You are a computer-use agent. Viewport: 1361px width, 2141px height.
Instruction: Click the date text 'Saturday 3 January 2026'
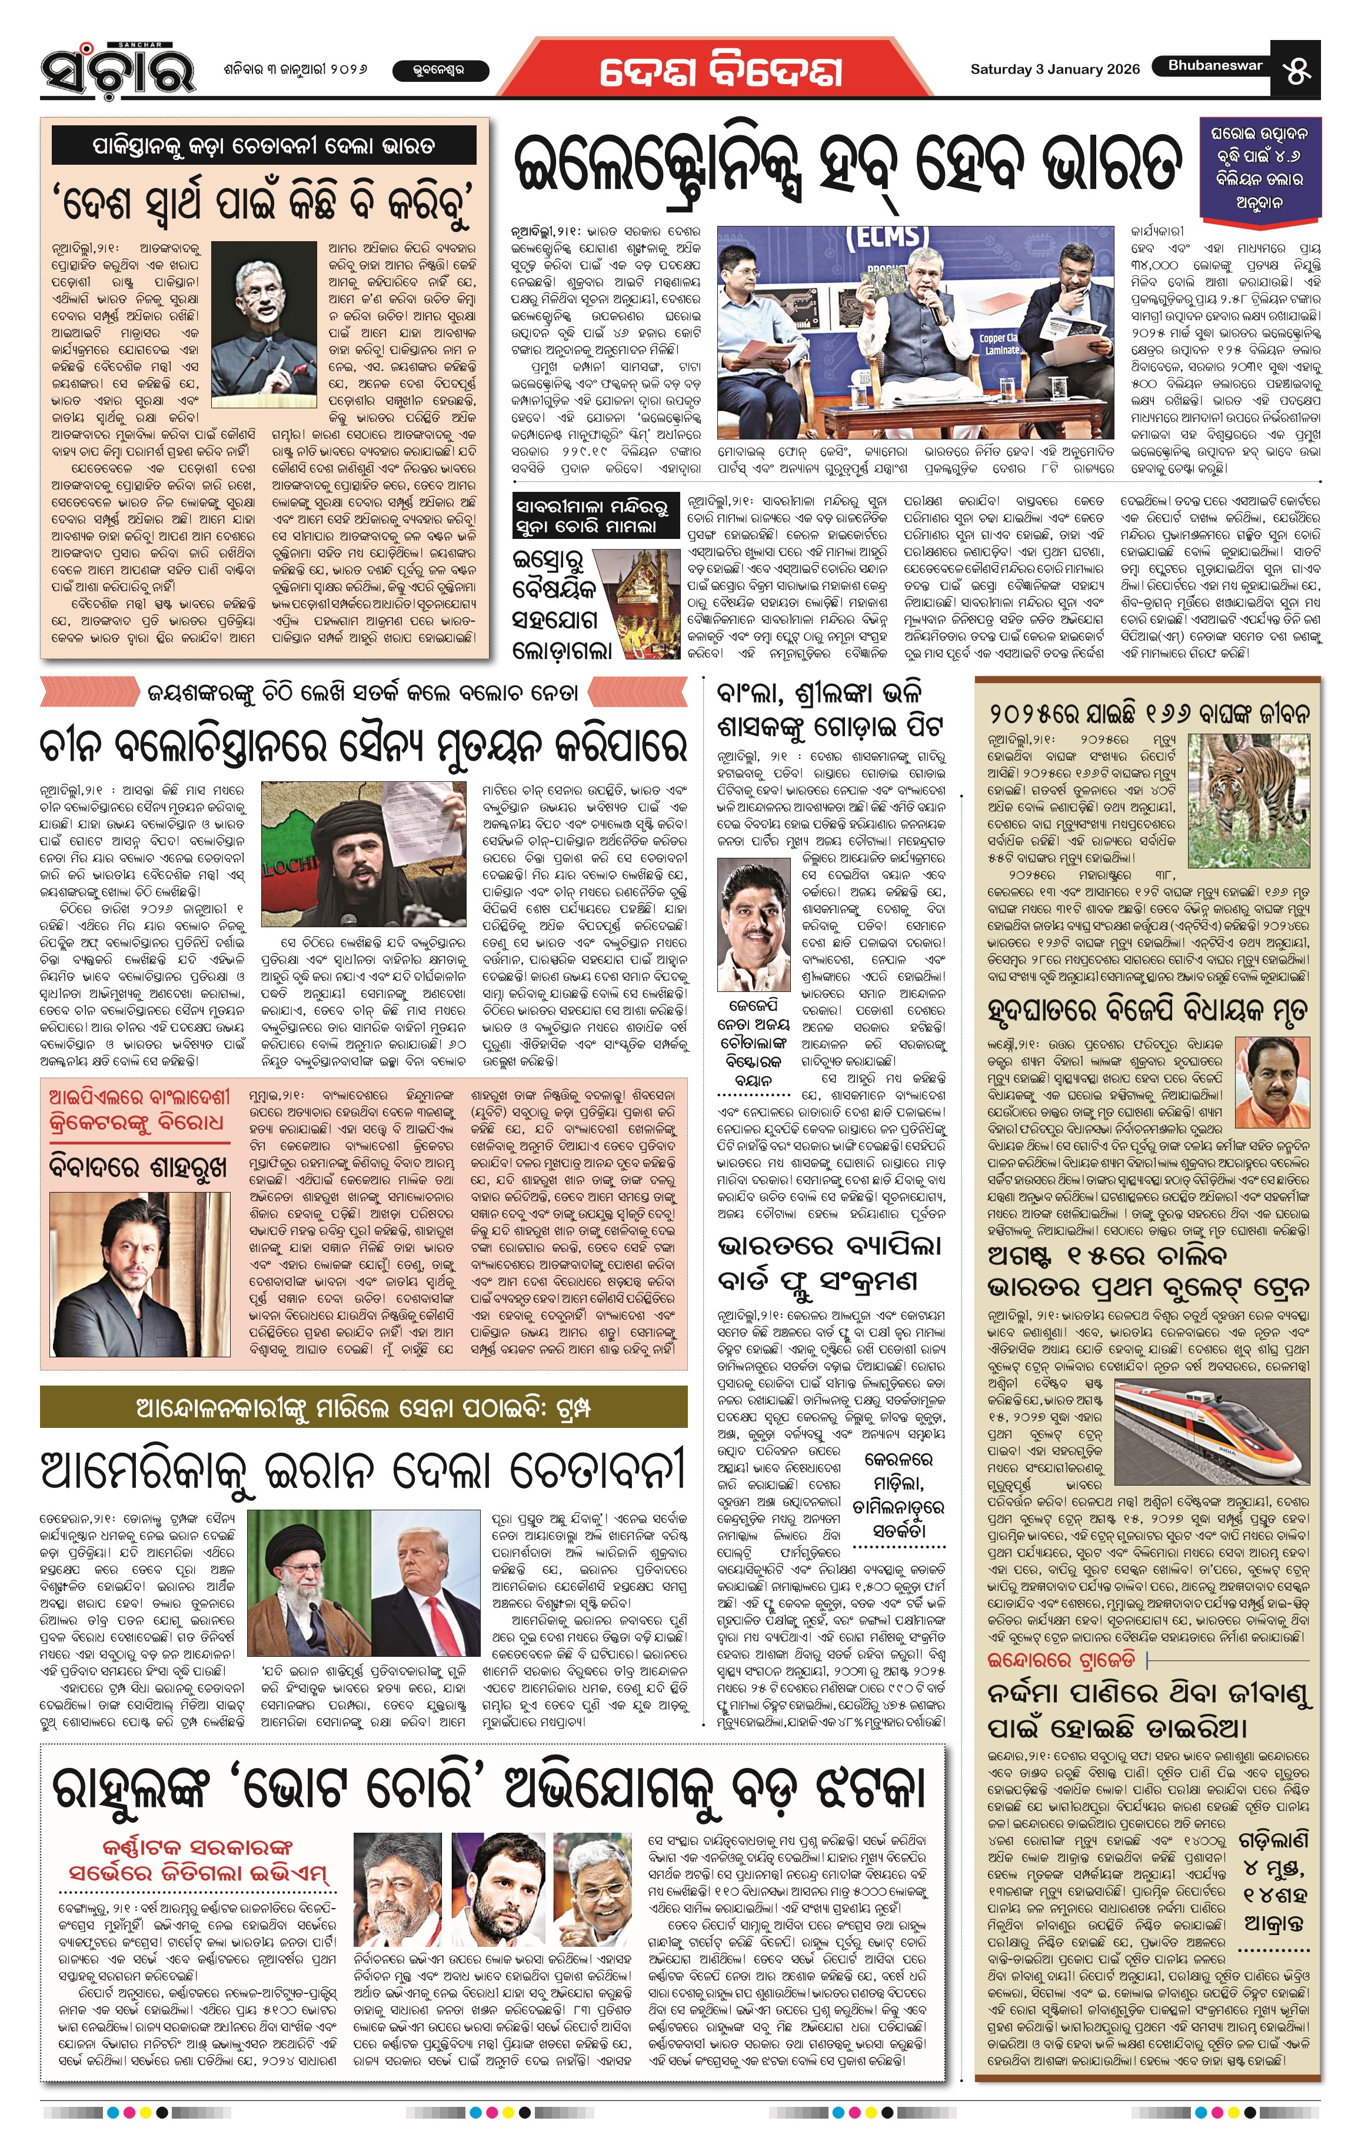[x=1054, y=69]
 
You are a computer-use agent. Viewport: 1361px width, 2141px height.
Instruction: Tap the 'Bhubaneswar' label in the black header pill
[x=1214, y=66]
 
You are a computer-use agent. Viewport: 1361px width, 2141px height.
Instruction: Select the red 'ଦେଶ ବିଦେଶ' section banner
[x=720, y=72]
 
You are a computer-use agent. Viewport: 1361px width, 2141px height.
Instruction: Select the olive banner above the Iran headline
[x=364, y=1407]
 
